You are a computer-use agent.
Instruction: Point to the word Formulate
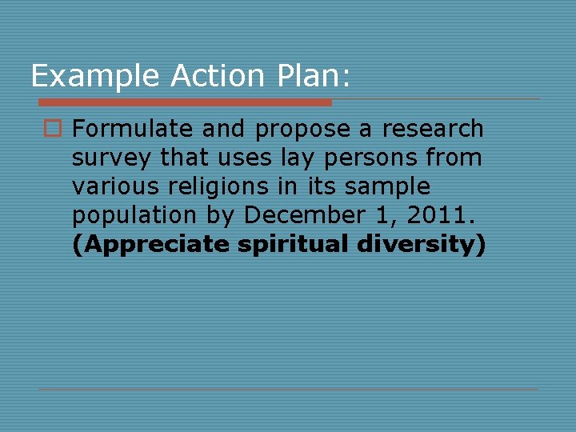point(133,129)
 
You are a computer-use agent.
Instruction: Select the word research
point(433,129)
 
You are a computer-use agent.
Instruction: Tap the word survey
point(112,158)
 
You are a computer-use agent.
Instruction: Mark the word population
point(134,216)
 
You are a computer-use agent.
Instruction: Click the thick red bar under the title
point(185,102)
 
